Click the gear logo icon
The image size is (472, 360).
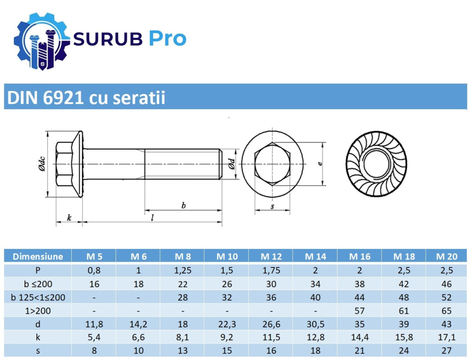pos(42,41)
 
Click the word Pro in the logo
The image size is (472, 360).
pos(168,39)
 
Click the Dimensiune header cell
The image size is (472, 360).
pos(38,257)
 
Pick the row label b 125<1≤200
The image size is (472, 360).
pos(38,298)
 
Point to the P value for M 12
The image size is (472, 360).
pos(271,270)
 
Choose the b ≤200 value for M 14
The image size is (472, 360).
pos(315,284)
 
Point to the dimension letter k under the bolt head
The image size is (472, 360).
pos(69,218)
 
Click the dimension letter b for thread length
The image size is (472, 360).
pos(183,205)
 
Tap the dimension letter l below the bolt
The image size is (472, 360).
pos(152,218)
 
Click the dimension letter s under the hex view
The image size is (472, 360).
pos(272,206)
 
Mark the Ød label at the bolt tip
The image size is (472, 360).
pos(231,163)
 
